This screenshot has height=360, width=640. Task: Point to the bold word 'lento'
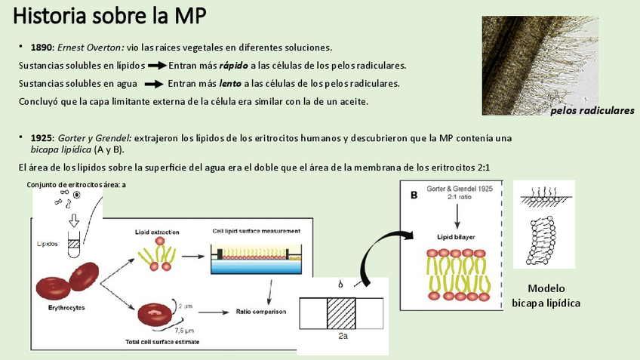(x=230, y=83)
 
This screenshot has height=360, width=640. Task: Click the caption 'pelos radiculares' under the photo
(x=592, y=111)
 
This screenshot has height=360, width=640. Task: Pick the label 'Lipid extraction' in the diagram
(x=156, y=232)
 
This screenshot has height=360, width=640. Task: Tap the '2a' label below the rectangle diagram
(x=343, y=338)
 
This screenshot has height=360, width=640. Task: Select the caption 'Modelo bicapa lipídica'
(x=546, y=295)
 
